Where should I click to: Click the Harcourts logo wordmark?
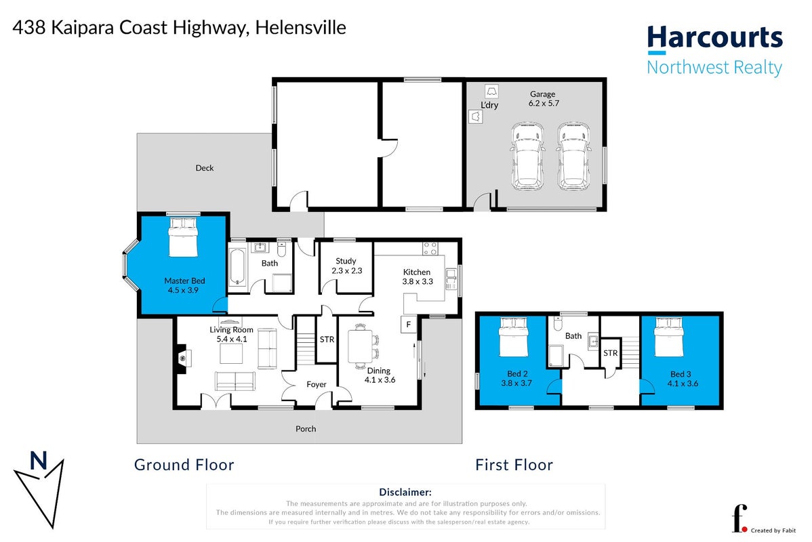(714, 38)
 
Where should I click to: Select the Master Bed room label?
(184, 285)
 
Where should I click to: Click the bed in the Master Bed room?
(183, 237)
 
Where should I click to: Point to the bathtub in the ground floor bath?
(237, 267)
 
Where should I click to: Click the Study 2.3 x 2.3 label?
(346, 266)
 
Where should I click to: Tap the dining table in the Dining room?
(359, 346)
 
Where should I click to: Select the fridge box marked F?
(409, 325)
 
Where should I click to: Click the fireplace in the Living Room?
(182, 358)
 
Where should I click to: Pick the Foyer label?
(317, 384)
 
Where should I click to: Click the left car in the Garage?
(528, 156)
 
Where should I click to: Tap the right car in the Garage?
(574, 156)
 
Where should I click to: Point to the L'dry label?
(489, 104)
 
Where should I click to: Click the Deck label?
(205, 168)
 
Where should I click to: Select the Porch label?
(306, 429)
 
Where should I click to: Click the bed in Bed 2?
(514, 337)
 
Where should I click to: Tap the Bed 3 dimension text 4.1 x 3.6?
(683, 383)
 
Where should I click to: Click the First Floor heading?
(514, 465)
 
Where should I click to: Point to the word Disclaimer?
(405, 493)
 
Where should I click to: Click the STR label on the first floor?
(611, 352)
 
